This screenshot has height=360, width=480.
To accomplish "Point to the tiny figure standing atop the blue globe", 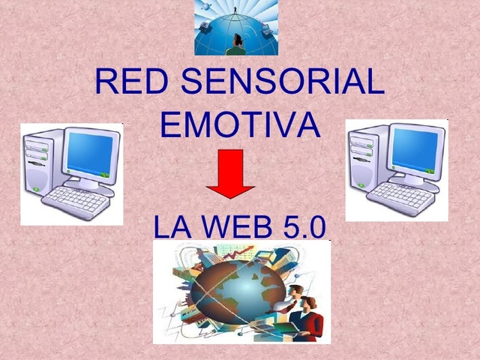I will pyautogui.click(x=235, y=10).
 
